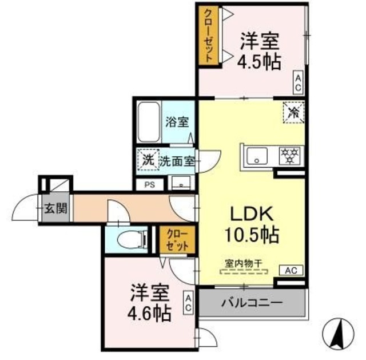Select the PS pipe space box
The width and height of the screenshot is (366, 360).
click(149, 185)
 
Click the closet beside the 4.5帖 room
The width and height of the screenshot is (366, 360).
click(207, 35)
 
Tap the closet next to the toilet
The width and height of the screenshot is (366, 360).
click(176, 240)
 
